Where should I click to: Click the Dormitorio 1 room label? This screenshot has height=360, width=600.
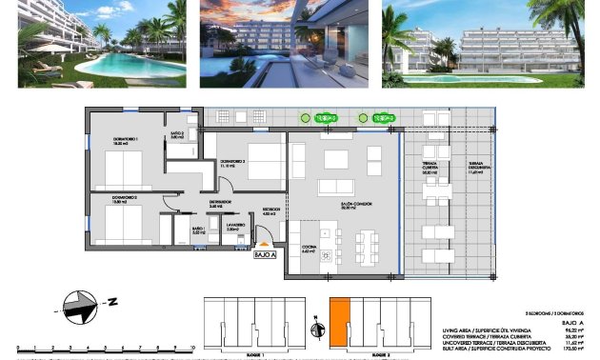127,141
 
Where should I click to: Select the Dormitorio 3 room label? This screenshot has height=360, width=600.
234,163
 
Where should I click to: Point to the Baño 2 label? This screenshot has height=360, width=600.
176,134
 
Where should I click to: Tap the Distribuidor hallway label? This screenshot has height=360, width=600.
221,202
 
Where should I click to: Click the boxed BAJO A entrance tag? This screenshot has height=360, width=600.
265,254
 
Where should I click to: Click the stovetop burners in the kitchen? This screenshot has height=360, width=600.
328,254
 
